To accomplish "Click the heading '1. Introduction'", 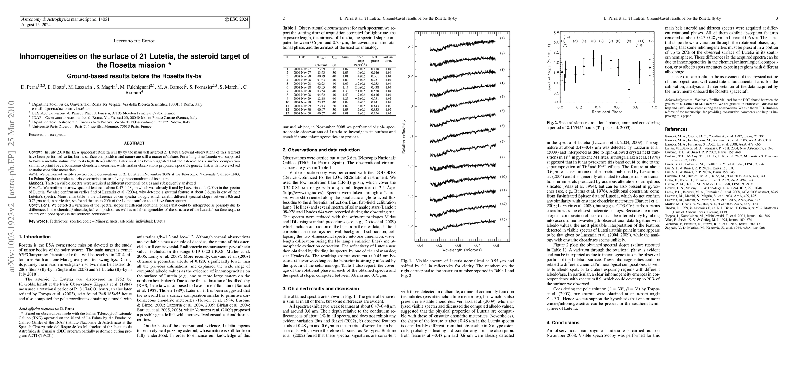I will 35,237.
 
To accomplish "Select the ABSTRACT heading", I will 134,143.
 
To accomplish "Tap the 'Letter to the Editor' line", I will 134,41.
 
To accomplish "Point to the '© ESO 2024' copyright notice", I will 237,19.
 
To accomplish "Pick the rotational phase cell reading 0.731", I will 375,98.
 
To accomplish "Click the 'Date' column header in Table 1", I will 302,57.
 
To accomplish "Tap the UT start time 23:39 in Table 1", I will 321,69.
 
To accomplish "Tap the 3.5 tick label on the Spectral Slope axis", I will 555,33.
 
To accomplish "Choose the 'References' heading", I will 676,129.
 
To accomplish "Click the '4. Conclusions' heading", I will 563,323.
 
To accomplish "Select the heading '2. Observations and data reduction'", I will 321,150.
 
